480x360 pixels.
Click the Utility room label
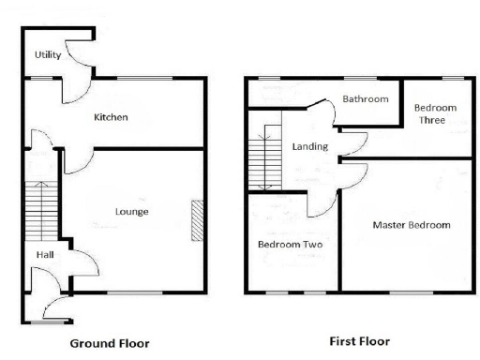[48, 55]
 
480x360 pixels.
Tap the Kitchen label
[111, 117]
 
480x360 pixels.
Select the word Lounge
[132, 212]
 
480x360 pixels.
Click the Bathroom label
[365, 98]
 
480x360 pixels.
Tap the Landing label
[309, 147]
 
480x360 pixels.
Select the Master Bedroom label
[412, 225]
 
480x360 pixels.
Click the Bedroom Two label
[291, 245]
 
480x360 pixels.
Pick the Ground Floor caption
[109, 343]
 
